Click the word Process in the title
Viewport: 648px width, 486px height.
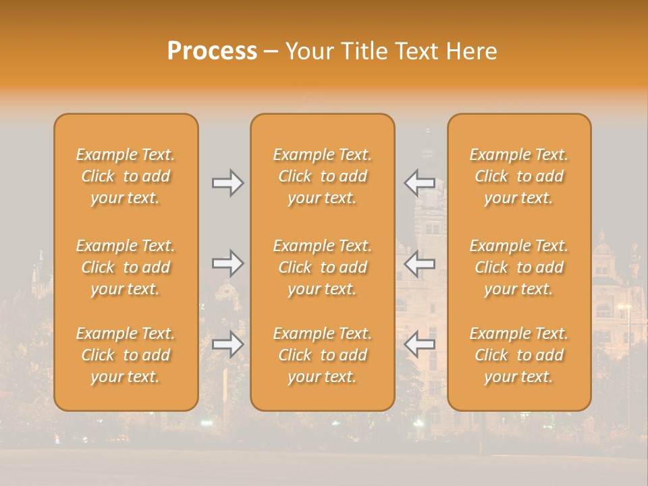(x=212, y=51)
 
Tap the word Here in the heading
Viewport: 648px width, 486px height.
(x=472, y=51)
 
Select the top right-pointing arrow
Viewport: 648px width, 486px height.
(x=227, y=183)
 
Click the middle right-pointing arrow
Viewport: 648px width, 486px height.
(x=227, y=263)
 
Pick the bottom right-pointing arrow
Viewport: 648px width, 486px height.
(x=227, y=344)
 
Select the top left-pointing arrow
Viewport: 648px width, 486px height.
(x=420, y=183)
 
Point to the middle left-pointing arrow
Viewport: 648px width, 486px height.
(x=420, y=263)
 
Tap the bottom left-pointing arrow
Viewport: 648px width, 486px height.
(x=420, y=344)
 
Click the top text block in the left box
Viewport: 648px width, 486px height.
(x=126, y=176)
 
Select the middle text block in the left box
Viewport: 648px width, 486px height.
(x=126, y=267)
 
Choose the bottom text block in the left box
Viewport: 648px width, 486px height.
(x=126, y=355)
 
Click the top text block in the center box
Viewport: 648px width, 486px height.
(x=322, y=176)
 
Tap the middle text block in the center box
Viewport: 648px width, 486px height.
(x=322, y=267)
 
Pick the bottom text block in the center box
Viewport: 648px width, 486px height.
(x=322, y=355)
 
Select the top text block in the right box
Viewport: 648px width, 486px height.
(x=518, y=176)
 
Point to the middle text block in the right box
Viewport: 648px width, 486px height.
(x=518, y=267)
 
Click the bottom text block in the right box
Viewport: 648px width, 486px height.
(x=518, y=355)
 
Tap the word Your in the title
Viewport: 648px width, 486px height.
(x=308, y=51)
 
